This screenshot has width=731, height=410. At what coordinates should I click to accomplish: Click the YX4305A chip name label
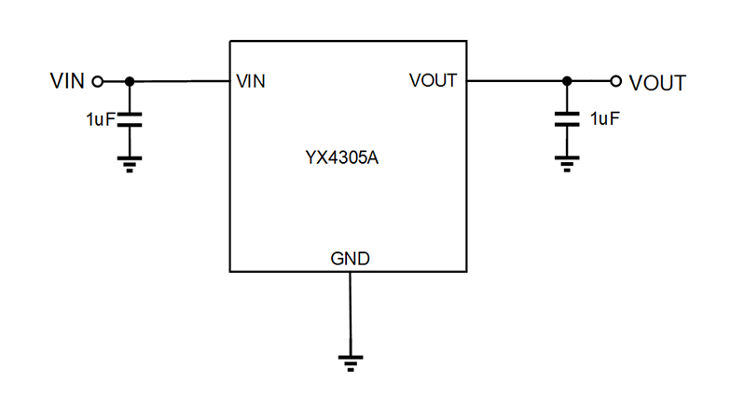348,157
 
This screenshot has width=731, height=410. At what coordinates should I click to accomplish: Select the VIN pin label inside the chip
252,81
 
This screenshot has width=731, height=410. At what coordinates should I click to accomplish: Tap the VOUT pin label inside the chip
434,81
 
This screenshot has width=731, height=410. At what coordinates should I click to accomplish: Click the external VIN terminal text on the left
67,81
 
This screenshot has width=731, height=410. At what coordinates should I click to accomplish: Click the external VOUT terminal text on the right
658,82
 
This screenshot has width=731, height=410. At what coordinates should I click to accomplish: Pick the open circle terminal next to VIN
96,81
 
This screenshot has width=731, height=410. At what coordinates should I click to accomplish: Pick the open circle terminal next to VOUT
615,81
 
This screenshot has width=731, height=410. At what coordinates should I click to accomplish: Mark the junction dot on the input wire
130,81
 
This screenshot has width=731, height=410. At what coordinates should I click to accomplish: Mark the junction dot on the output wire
565,81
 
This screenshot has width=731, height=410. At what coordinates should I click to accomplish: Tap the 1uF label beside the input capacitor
99,119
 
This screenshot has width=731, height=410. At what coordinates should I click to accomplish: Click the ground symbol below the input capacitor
130,164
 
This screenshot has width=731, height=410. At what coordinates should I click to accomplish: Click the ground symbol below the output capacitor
565,164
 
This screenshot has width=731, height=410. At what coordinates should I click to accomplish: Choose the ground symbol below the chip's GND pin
350,362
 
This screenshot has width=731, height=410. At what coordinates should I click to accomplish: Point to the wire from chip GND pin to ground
350,312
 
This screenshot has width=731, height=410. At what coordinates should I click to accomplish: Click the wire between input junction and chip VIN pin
182,81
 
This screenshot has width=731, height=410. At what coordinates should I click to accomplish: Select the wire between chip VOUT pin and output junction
515,81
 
